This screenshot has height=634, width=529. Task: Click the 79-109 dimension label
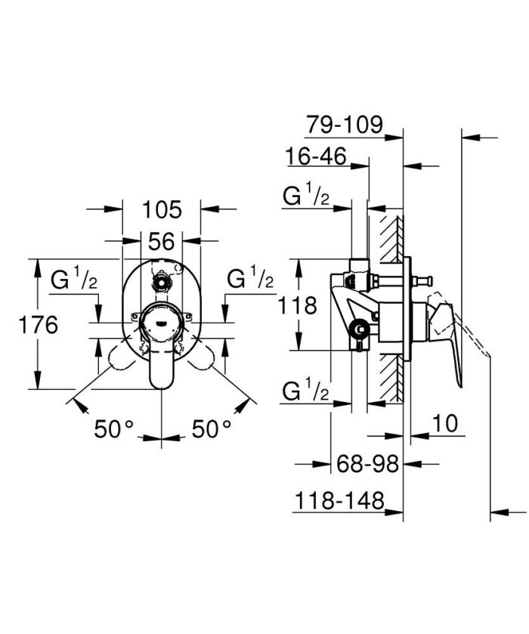click(345, 123)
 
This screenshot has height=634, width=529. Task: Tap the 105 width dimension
click(162, 209)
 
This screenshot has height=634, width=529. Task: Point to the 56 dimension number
click(162, 241)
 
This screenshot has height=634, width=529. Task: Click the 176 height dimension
click(38, 325)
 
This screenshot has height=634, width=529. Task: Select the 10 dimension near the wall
click(447, 423)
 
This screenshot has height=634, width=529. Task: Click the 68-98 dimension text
click(367, 463)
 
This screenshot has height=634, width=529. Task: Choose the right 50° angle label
click(211, 429)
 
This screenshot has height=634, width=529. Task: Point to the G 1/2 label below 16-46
click(305, 197)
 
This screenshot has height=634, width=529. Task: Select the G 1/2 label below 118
click(305, 392)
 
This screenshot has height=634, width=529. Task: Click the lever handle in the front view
click(161, 363)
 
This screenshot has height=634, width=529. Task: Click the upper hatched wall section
click(391, 234)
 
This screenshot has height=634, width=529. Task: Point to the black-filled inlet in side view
click(361, 329)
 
